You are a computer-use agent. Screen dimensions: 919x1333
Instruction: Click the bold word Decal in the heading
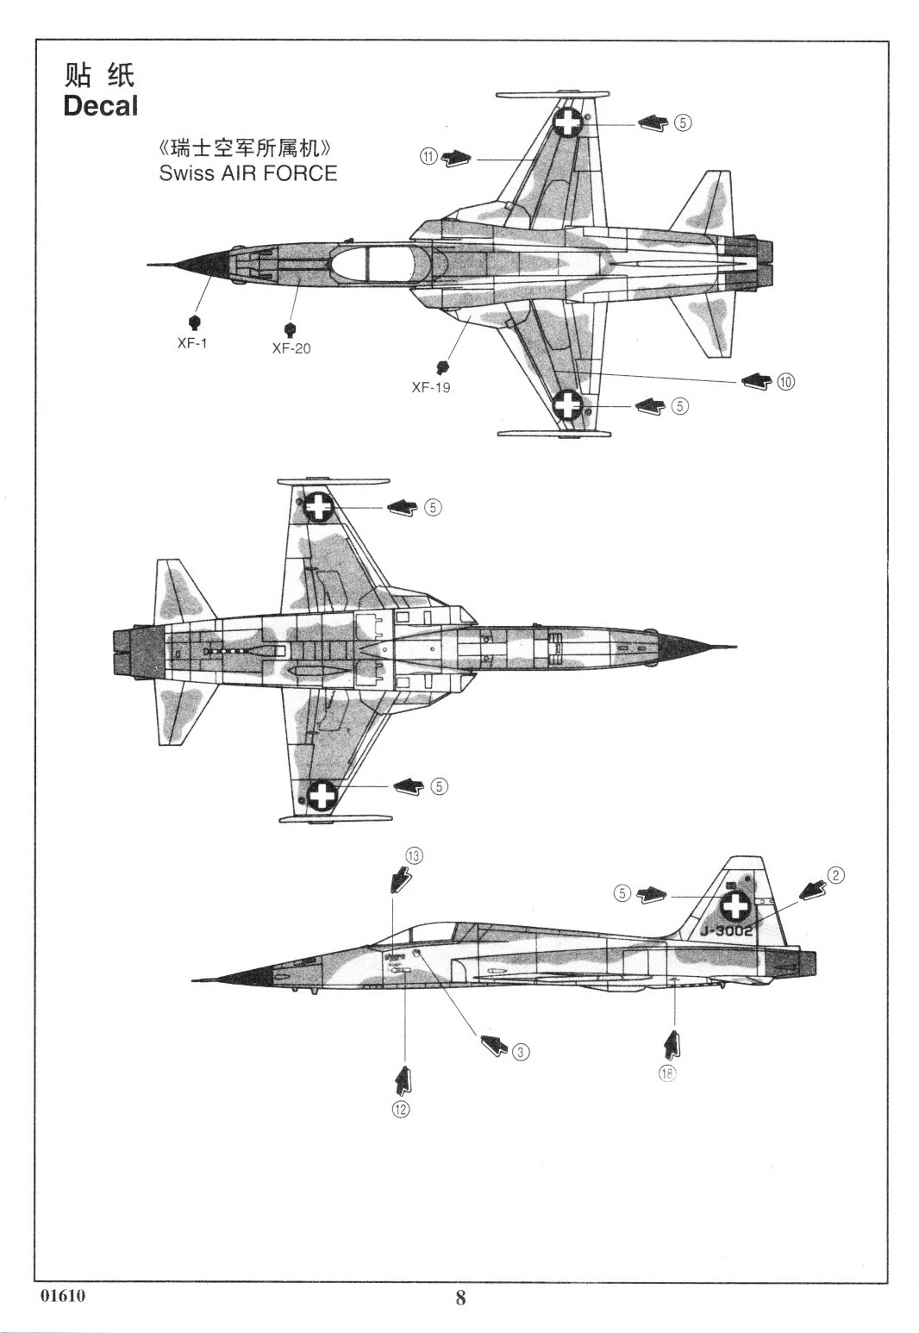coord(100,107)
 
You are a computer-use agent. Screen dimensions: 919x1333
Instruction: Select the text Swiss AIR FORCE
coord(247,173)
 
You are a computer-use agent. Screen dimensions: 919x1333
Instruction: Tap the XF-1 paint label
coord(192,342)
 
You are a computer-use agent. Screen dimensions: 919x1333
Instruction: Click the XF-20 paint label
coord(291,348)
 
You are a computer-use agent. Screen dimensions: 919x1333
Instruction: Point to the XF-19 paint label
coord(430,387)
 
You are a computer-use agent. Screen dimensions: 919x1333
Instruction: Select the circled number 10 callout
coord(785,381)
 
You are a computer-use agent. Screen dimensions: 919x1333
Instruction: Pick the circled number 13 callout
coord(415,855)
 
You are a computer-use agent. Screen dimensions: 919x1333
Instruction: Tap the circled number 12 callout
coord(401,1109)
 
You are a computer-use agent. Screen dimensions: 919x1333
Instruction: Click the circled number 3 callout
coord(520,1051)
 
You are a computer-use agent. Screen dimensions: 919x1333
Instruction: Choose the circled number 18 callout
coord(667,1073)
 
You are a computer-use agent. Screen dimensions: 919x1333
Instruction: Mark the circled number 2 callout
coord(835,875)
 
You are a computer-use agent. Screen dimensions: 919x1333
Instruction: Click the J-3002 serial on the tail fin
coord(727,931)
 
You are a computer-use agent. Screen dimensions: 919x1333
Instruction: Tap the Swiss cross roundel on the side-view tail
coord(735,906)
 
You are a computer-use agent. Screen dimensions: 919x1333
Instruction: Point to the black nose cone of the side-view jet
coord(251,976)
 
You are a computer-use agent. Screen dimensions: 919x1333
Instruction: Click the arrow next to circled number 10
coord(756,380)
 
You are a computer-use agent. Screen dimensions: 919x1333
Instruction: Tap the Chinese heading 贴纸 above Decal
coord(99,75)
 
